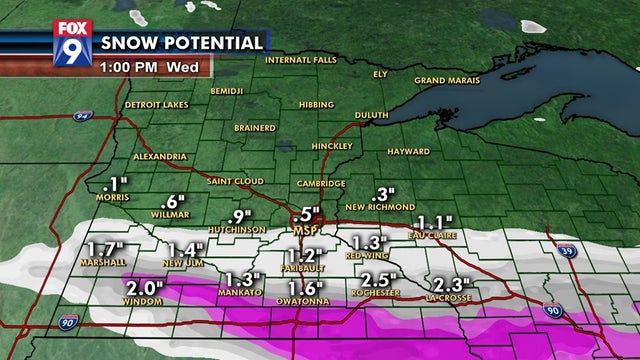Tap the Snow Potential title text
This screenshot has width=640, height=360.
(x=183, y=43)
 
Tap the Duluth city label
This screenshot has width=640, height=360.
(x=371, y=115)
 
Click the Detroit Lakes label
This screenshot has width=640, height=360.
(x=157, y=105)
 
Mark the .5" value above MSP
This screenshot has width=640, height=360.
(x=307, y=214)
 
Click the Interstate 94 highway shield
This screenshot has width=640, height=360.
(x=81, y=116)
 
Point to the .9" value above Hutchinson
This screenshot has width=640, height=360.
(x=239, y=216)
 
